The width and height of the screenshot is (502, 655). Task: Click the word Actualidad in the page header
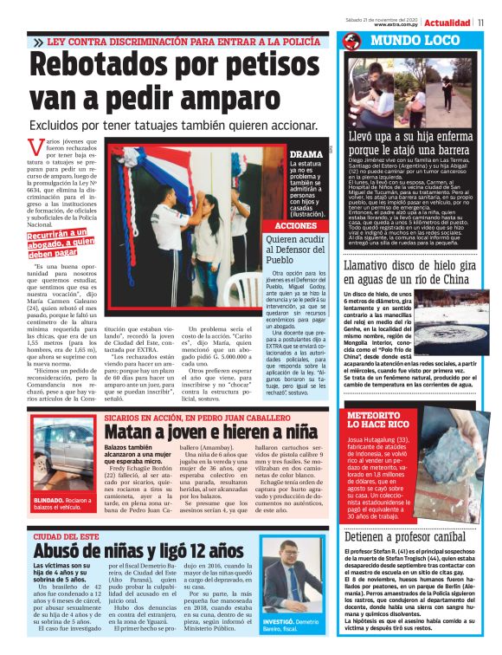[447, 22]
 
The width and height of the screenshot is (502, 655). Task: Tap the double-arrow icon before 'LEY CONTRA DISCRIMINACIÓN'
[38, 42]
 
